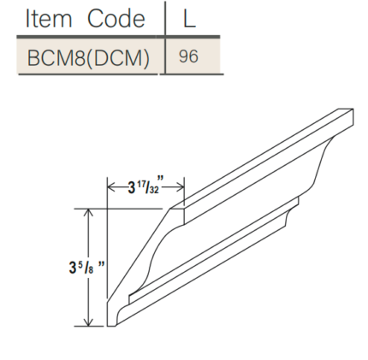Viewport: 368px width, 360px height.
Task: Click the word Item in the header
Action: point(48,18)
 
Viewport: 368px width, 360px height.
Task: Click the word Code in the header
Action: point(116,18)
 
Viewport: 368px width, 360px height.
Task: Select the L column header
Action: point(189,18)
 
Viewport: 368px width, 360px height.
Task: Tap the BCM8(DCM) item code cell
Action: point(89,58)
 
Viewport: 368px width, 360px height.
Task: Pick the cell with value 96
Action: point(189,58)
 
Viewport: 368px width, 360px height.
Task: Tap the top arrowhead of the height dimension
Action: point(88,212)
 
